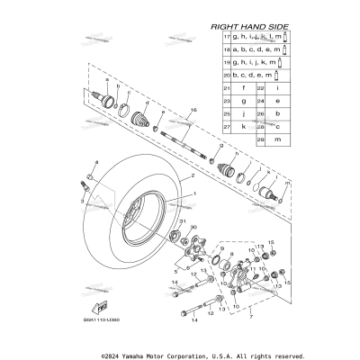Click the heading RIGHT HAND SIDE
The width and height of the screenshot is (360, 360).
click(249, 27)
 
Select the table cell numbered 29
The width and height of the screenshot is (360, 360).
click(260, 142)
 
